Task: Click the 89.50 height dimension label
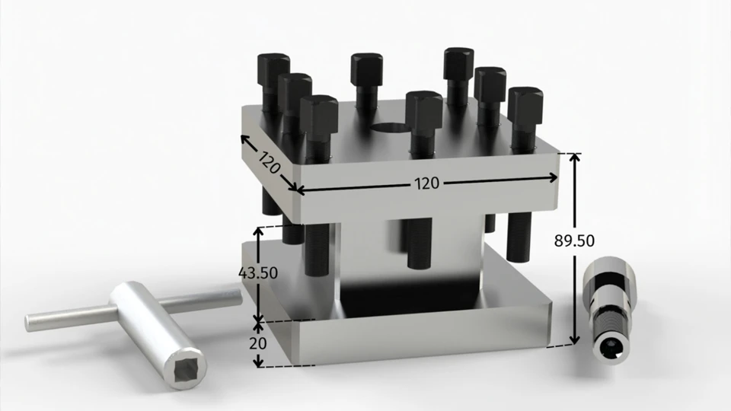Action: tap(574, 241)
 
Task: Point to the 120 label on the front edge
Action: tap(426, 183)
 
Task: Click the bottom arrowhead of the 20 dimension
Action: tap(260, 363)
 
